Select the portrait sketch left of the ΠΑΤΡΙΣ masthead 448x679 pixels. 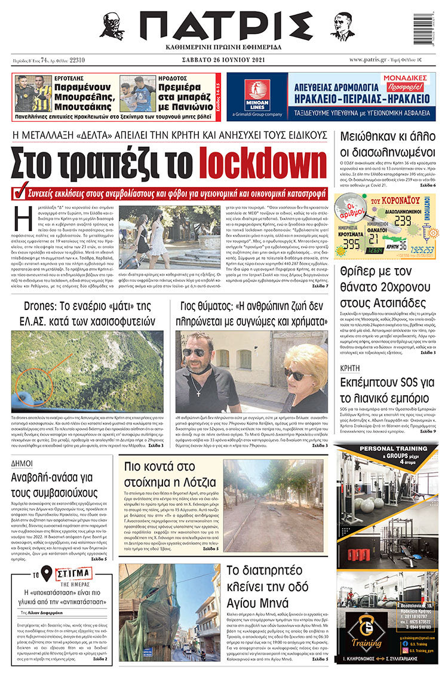tap(112, 26)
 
